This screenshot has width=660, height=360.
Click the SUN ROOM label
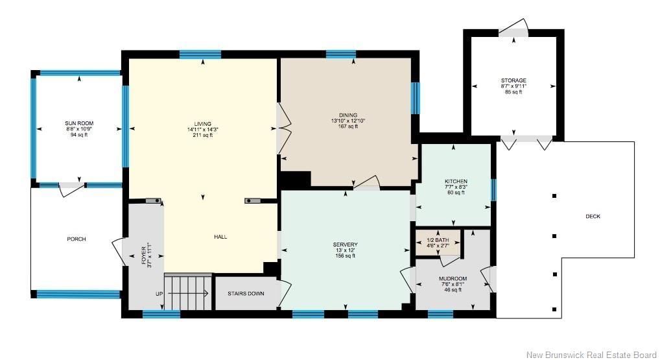pos(79,123)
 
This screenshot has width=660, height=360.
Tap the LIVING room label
pos(202,124)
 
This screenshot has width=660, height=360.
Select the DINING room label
pos(348,115)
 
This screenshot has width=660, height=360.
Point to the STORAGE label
pos(513,80)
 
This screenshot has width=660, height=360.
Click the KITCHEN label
pos(456,182)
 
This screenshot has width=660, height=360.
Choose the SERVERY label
pos(345,245)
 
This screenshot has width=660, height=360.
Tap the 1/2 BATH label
pos(438,240)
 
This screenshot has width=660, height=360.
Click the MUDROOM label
pos(453,279)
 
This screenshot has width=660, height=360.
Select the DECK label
pos(593,217)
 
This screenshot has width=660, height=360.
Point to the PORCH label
pos(77,239)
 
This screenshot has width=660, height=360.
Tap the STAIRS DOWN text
pos(246,293)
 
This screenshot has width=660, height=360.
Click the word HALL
pos(220,237)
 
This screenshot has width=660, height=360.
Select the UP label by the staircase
pos(159,294)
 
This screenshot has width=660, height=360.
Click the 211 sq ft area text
pos(203,135)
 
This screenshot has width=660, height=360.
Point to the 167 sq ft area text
pos(348,126)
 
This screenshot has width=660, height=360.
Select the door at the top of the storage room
pos(513,27)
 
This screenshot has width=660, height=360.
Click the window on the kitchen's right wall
pos(494,190)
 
